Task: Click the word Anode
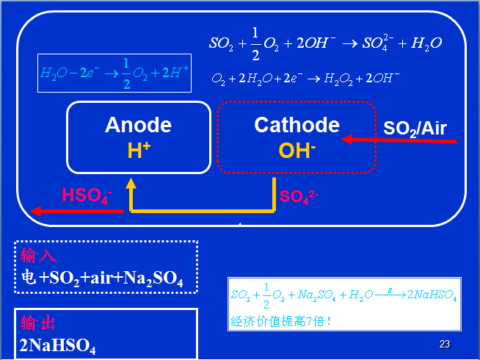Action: [x=138, y=125]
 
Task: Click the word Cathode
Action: [x=297, y=125]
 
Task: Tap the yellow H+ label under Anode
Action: [x=139, y=151]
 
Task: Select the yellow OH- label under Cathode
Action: [x=297, y=151]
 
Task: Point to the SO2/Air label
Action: [x=415, y=129]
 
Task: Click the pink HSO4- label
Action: [x=87, y=195]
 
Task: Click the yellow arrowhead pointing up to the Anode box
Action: [x=131, y=184]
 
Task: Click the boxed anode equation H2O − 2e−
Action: [x=114, y=73]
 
